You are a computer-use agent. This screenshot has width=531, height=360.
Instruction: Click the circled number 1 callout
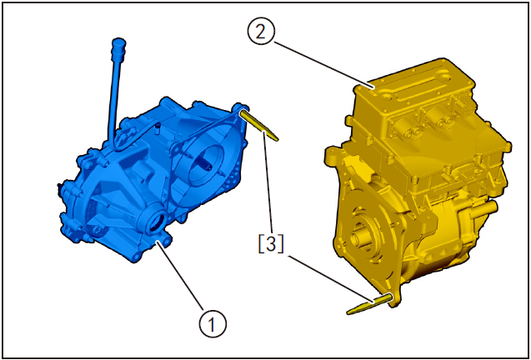[213, 321]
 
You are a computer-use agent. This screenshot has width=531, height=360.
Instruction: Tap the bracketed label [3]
[270, 244]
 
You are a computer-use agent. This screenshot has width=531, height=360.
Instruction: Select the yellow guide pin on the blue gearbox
[258, 123]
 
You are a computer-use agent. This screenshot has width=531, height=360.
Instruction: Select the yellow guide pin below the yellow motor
[371, 305]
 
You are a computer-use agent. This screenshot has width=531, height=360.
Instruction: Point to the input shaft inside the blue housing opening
[205, 166]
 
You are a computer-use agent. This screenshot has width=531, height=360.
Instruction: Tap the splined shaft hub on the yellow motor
[363, 237]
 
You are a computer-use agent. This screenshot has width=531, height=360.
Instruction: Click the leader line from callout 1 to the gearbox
[183, 278]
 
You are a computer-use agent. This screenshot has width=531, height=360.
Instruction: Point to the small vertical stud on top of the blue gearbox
[157, 127]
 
